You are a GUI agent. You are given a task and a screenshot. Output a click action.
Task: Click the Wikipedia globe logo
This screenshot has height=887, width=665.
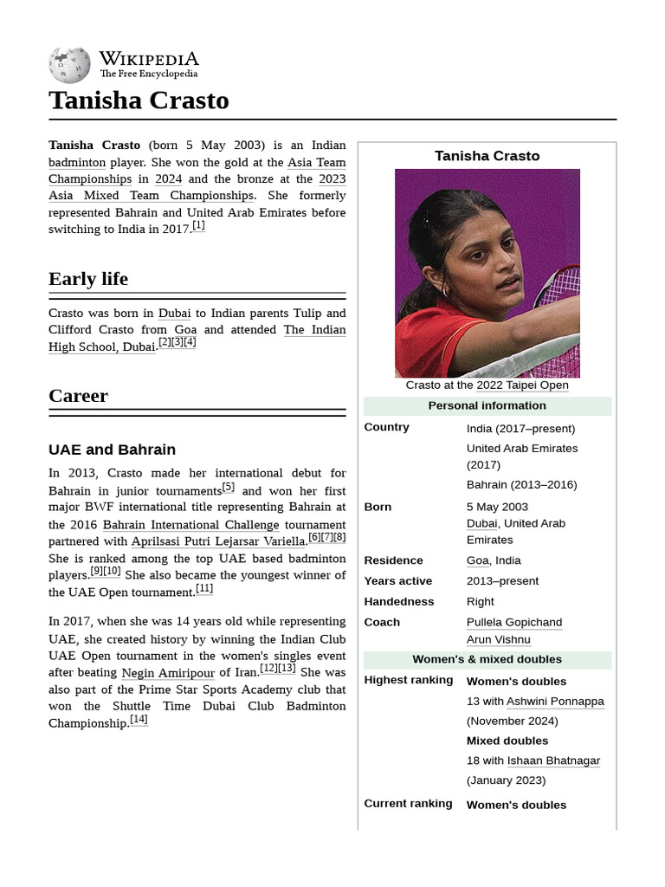(69, 65)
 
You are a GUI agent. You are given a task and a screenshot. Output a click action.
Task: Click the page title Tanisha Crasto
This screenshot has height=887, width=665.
(139, 100)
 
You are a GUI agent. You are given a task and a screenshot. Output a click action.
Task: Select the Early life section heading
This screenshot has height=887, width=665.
(88, 279)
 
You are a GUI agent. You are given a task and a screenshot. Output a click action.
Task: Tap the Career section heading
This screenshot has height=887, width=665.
(78, 396)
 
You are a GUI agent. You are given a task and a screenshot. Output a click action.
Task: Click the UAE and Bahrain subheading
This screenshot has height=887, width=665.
(112, 450)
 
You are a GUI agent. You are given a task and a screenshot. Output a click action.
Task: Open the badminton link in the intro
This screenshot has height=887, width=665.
(77, 162)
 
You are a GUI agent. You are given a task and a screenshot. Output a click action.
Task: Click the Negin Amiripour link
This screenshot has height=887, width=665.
(168, 673)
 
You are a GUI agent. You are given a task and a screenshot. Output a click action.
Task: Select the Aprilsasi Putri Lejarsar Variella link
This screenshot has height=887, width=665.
(218, 541)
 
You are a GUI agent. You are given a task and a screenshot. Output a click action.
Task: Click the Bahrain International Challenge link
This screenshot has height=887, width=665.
(190, 525)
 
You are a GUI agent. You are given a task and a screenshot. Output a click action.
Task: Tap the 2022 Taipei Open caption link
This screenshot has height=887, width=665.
(522, 385)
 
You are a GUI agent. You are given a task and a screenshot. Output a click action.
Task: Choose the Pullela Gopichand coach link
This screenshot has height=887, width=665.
(514, 622)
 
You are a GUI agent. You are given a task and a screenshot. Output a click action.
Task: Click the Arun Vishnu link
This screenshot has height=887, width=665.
(498, 640)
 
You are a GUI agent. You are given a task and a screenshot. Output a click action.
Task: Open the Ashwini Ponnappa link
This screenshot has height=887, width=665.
(555, 702)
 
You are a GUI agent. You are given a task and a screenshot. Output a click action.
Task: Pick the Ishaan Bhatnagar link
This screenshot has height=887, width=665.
(553, 761)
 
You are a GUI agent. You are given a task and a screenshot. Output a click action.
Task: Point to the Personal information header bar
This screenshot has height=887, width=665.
(487, 405)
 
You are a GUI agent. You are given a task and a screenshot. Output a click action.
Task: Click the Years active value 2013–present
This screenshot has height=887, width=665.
(502, 581)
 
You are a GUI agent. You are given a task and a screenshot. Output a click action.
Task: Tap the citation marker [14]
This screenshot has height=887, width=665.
(139, 720)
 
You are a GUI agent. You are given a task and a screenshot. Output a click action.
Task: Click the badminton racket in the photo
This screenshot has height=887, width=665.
(558, 299)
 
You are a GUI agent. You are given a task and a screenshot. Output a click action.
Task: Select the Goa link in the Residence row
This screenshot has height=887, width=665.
(477, 560)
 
